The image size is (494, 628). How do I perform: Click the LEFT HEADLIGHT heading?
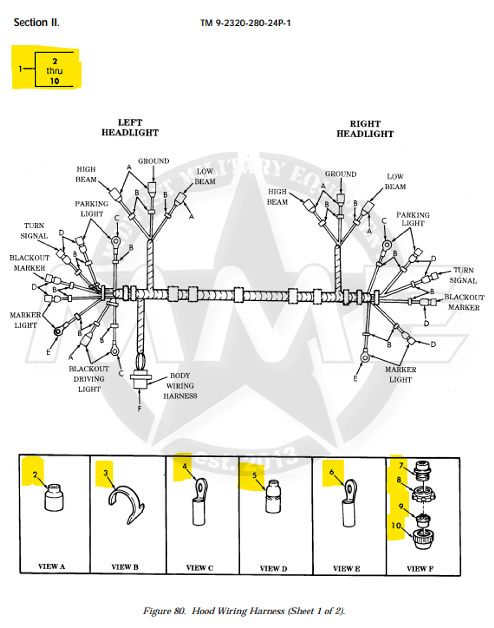[130, 127]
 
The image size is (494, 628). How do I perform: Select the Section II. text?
[36, 22]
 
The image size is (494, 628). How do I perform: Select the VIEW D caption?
[273, 568]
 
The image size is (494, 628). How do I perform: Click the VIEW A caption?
[52, 566]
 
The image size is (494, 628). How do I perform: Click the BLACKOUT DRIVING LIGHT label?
[89, 379]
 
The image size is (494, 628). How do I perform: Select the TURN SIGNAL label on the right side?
[463, 275]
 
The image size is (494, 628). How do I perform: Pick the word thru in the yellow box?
[54, 71]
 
